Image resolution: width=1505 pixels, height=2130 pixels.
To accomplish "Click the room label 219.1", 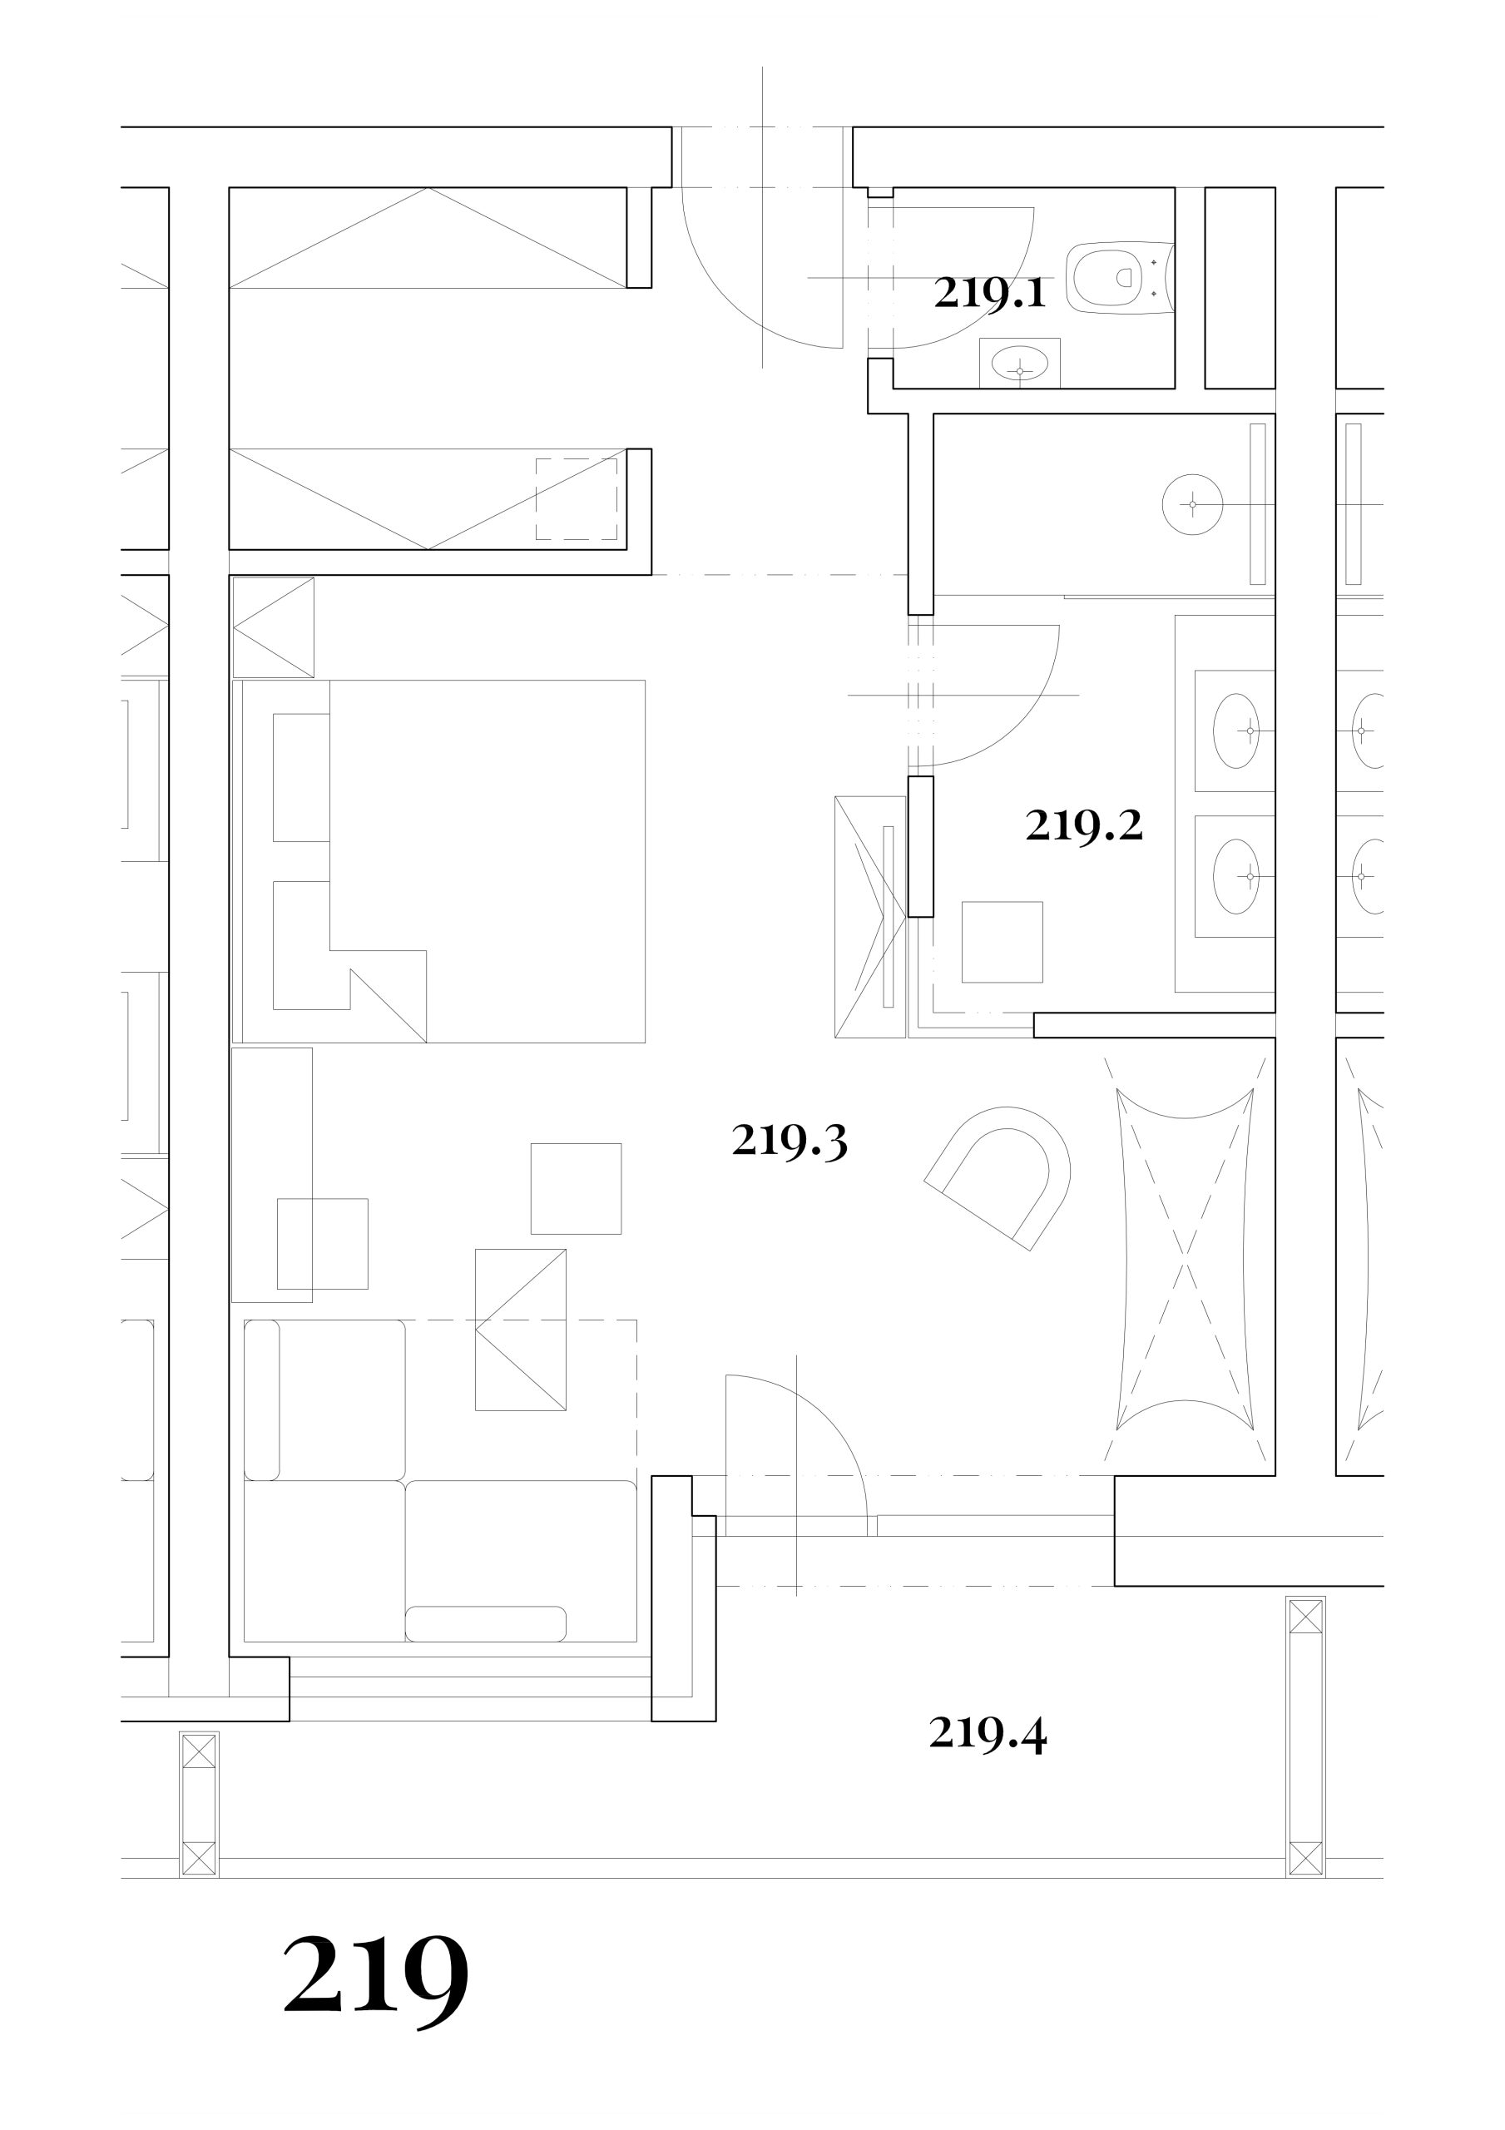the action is (x=990, y=293).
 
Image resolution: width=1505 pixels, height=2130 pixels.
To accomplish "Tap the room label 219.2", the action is (x=1084, y=825).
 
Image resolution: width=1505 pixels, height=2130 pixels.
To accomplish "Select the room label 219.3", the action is (x=790, y=1140).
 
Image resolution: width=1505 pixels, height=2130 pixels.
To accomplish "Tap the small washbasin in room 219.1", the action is (x=1020, y=363).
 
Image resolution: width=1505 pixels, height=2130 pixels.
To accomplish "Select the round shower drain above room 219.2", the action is (x=1192, y=505).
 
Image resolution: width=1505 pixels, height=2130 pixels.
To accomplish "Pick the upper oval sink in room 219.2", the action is (x=1236, y=731).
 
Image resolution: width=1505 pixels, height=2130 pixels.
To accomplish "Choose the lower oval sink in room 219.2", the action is (x=1236, y=876).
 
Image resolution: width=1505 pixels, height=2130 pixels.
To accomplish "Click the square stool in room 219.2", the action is (x=1003, y=942).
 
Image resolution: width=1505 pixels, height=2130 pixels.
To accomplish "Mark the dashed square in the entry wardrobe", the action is (x=577, y=499).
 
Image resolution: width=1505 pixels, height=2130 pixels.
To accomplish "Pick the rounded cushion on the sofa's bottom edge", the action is (x=485, y=1623).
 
